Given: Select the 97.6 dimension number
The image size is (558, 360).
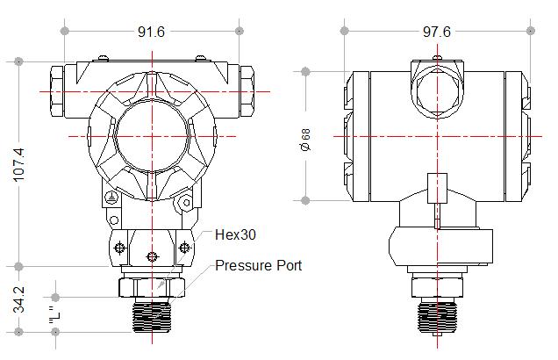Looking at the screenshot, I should click(x=436, y=32).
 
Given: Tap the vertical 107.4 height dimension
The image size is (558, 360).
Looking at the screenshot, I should click(x=20, y=163).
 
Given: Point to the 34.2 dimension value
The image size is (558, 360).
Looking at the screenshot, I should click(x=20, y=299).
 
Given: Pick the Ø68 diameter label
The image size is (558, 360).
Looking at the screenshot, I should click(x=305, y=139).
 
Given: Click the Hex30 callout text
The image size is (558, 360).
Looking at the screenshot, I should click(x=234, y=235).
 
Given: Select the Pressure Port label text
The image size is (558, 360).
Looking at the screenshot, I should click(x=259, y=265).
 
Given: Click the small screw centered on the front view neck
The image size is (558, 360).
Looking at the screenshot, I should click(x=154, y=256).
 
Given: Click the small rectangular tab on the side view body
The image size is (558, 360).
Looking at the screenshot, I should click(x=436, y=189).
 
